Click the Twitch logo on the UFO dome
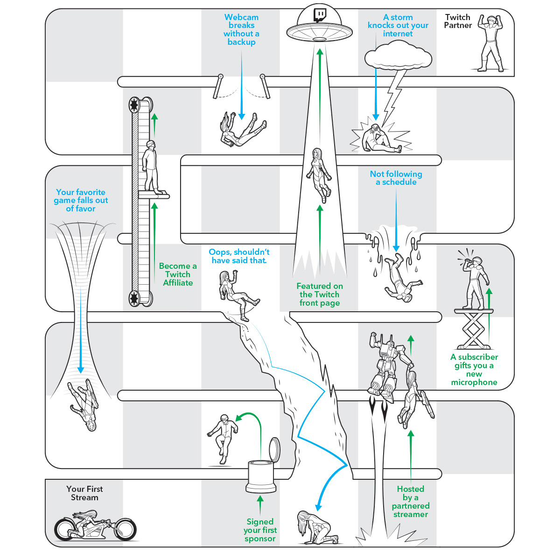(x=320, y=14)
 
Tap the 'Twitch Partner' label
(x=457, y=21)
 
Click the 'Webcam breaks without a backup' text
(x=241, y=29)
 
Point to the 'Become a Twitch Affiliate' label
(x=178, y=274)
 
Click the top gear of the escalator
(x=135, y=105)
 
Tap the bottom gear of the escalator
(x=135, y=297)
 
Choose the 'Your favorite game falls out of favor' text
(x=81, y=200)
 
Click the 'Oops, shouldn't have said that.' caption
(x=239, y=256)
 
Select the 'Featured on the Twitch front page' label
(x=320, y=294)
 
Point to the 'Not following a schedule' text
(x=396, y=178)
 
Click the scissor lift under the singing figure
(x=474, y=329)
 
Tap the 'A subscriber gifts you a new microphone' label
(x=474, y=370)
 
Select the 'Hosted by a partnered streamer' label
(x=411, y=502)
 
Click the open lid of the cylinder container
(x=275, y=449)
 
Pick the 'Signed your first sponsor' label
(x=260, y=530)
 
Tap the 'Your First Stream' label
(x=84, y=493)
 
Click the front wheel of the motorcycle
(x=124, y=529)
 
